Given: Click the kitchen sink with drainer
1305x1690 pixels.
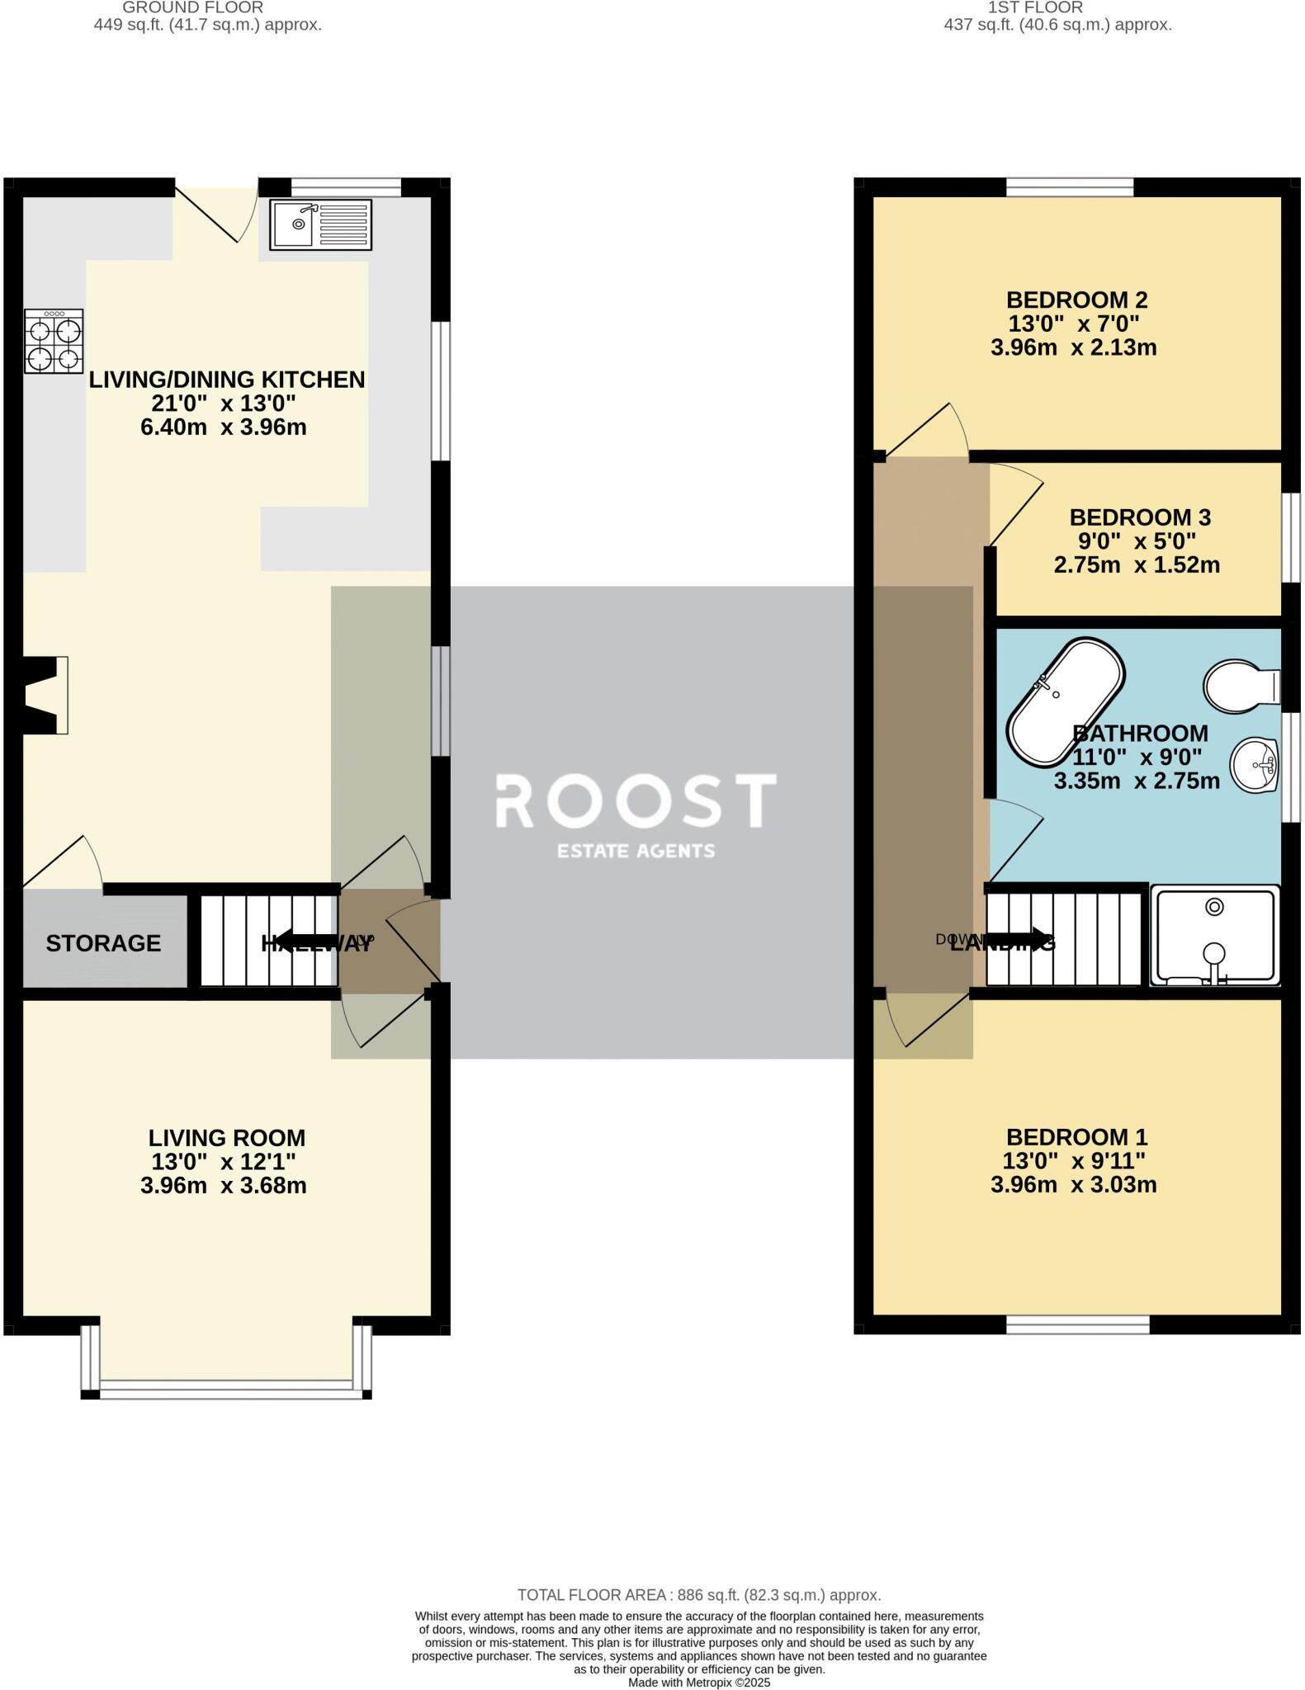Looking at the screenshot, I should click(x=321, y=224).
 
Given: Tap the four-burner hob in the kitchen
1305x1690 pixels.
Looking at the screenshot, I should click(x=54, y=341).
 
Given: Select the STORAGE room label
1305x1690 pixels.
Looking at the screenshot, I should click(x=103, y=943).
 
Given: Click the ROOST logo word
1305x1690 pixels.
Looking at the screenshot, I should click(x=635, y=800).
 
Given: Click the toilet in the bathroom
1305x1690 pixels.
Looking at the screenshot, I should click(x=1240, y=685).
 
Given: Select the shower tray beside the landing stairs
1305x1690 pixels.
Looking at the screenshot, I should click(x=1214, y=937).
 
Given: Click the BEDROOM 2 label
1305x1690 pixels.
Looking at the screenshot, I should click(x=1076, y=300).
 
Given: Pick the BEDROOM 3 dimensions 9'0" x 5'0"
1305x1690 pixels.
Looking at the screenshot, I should click(x=1136, y=541).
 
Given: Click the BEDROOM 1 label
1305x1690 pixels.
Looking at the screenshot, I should click(x=1076, y=1137).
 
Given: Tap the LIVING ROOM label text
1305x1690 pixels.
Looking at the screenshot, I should click(x=227, y=1138).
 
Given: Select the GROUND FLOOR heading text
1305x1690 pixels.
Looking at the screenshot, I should click(x=192, y=7).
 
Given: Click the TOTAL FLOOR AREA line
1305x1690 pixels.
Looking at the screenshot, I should click(x=698, y=1595).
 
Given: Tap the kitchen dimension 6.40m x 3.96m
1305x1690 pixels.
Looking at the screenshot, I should click(x=224, y=427).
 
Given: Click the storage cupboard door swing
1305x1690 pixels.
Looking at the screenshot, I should click(x=68, y=860).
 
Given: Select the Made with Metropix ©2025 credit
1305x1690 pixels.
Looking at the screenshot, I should click(x=698, y=1683).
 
